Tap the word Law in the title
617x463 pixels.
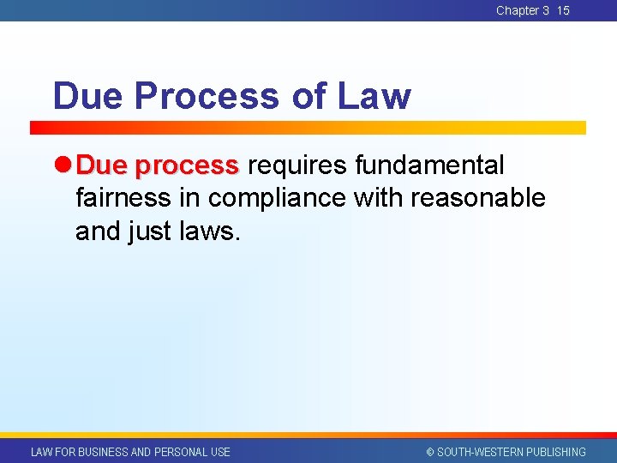[374, 96]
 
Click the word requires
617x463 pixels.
[298, 165]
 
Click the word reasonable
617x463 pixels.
[478, 198]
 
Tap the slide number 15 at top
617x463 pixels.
[563, 10]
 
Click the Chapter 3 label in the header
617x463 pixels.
[522, 10]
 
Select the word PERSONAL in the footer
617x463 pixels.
[180, 452]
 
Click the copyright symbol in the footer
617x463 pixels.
[430, 452]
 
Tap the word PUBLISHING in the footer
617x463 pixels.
[555, 452]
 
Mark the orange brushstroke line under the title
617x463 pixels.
[308, 127]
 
